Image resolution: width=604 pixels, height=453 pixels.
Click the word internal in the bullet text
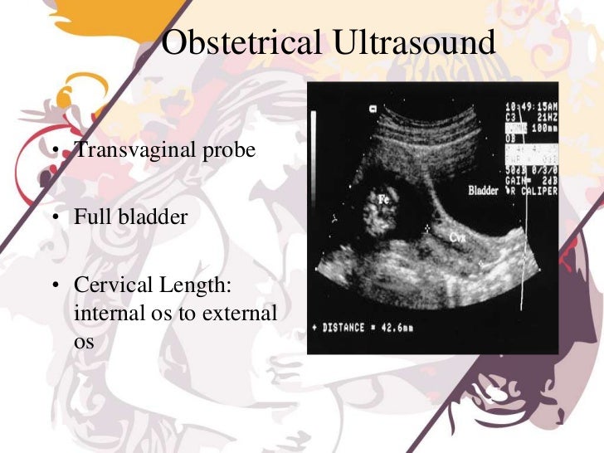[106, 314]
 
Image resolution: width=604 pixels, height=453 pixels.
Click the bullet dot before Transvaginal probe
[52, 152]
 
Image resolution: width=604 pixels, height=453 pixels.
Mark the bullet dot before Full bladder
[52, 219]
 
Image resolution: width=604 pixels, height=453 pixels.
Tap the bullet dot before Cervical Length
[52, 286]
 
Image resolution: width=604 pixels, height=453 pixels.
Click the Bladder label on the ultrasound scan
[485, 189]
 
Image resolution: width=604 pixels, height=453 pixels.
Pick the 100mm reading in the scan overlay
[543, 128]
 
